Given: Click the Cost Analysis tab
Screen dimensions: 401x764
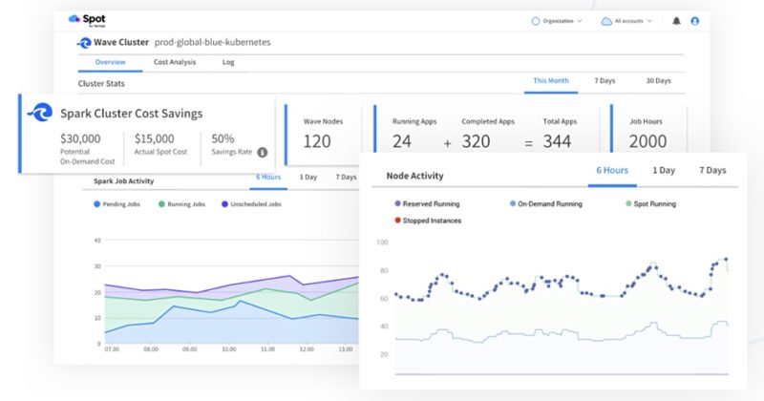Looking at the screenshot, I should point(175,62).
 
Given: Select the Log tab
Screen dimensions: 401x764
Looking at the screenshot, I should point(228,62).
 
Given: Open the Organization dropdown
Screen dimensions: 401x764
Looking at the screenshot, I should point(556,20).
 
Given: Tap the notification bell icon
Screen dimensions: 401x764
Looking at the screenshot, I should point(677,20).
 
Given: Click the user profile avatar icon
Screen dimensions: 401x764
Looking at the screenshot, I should point(694,20).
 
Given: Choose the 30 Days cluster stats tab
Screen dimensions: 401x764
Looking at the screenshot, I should point(658,81).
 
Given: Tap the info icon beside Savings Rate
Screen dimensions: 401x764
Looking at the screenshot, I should point(262,152).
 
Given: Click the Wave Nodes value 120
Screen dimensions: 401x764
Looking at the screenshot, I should point(317,141).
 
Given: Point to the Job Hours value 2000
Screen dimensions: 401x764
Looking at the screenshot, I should point(648,141).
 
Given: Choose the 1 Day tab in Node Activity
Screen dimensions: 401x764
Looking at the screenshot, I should point(665,171).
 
